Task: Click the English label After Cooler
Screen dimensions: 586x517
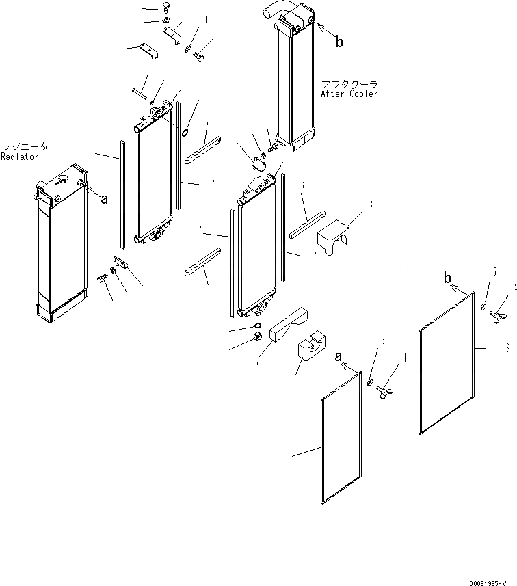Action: click(x=349, y=94)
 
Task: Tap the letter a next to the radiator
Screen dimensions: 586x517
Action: click(x=105, y=199)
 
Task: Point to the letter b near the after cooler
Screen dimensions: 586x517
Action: click(x=339, y=42)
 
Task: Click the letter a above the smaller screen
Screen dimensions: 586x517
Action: click(x=338, y=357)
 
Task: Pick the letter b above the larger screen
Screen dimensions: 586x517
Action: click(x=448, y=278)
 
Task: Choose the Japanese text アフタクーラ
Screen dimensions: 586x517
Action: click(x=345, y=84)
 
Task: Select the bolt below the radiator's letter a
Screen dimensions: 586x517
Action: click(x=103, y=278)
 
